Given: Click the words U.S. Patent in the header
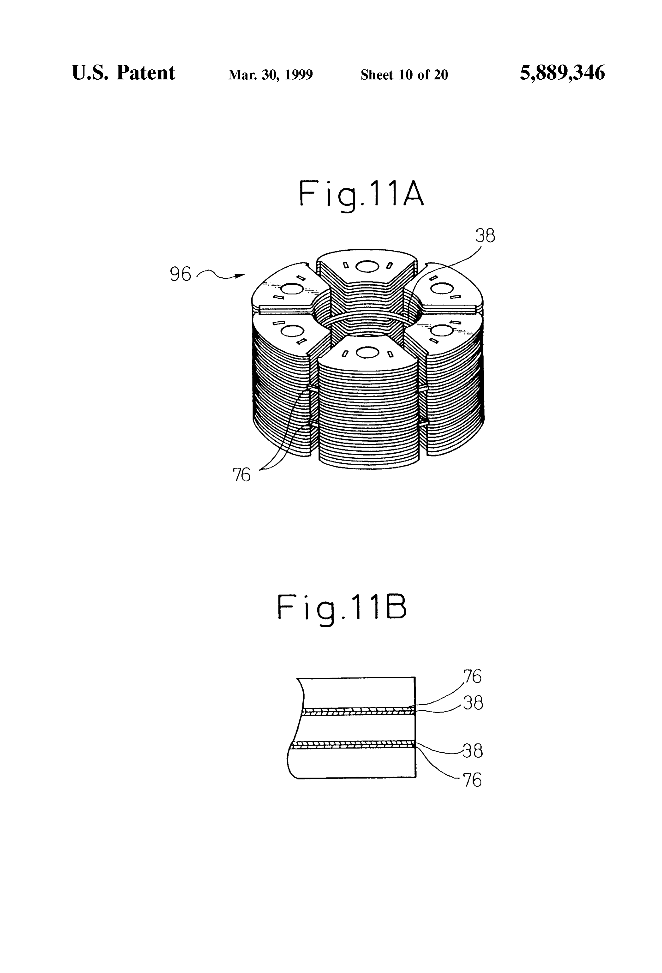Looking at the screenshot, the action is pos(124,73).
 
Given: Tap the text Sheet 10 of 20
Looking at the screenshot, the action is pos(404,75).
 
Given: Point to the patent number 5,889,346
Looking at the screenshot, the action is pos(562,73).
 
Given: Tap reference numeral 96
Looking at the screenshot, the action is pos(180,274).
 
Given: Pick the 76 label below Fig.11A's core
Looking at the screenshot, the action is pos(241,475).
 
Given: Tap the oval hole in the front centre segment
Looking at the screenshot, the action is pos(367,353).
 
